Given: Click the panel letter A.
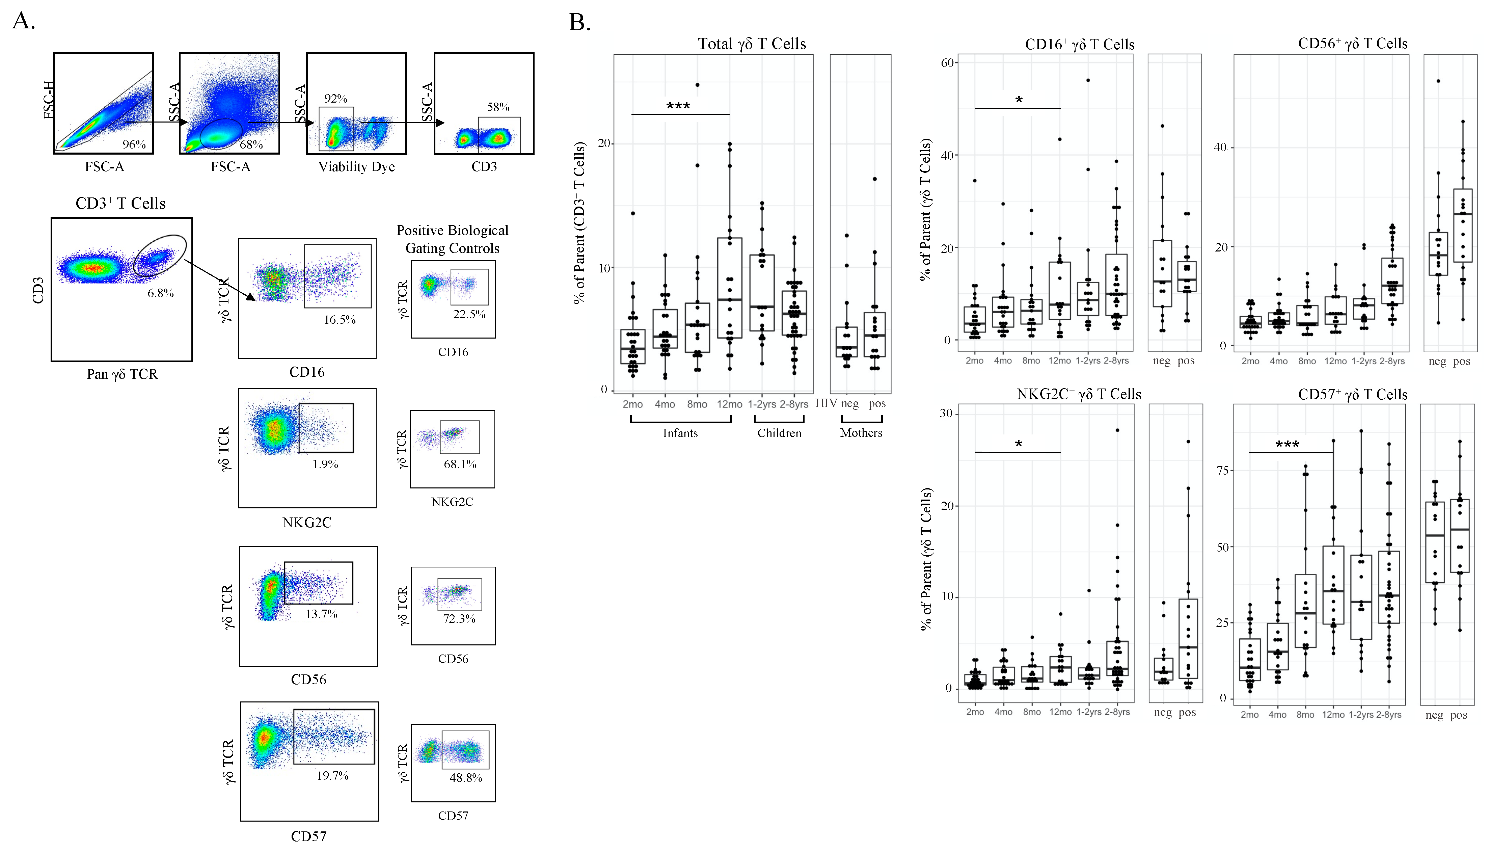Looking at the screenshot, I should pyautogui.click(x=23, y=21).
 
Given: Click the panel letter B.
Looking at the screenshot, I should pyautogui.click(x=579, y=23).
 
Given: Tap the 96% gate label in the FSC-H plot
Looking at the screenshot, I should pyautogui.click(x=134, y=144).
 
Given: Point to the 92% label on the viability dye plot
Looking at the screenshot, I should pyautogui.click(x=336, y=99).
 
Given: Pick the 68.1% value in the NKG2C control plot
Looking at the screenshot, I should pyautogui.click(x=460, y=464).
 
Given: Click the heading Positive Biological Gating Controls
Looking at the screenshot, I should pyautogui.click(x=452, y=239).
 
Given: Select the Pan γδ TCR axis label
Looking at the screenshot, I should pyautogui.click(x=122, y=374).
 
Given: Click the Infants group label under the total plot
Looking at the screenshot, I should pyautogui.click(x=680, y=433).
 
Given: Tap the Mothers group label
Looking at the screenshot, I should pyautogui.click(x=861, y=433).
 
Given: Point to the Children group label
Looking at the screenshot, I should pyautogui.click(x=779, y=433).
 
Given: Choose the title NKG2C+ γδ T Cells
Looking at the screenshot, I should pyautogui.click(x=1079, y=394).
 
